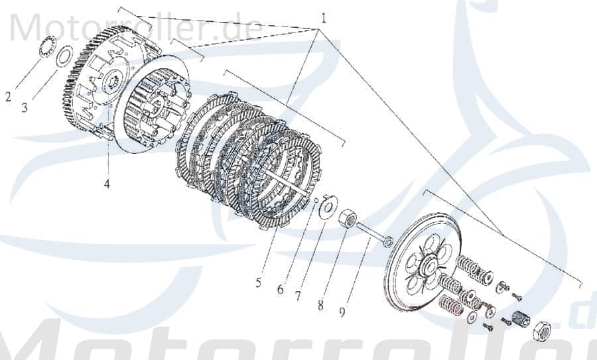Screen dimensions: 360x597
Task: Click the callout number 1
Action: tap(324, 18)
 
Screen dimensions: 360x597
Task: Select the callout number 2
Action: tap(8, 97)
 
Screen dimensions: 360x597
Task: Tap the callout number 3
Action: tap(25, 107)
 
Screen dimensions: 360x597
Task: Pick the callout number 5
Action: tap(258, 283)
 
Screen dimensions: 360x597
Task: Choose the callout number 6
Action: tap(280, 290)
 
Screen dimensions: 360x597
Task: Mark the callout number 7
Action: tap(298, 296)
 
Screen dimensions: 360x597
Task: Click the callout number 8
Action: tap(320, 305)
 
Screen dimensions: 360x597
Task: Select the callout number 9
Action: tap(342, 311)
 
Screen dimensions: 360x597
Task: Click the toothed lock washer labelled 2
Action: tap(47, 49)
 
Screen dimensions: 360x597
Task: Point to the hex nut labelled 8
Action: tap(346, 218)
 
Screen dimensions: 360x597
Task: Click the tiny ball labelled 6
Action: tap(316, 200)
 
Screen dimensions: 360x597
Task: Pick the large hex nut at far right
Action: tap(541, 330)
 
